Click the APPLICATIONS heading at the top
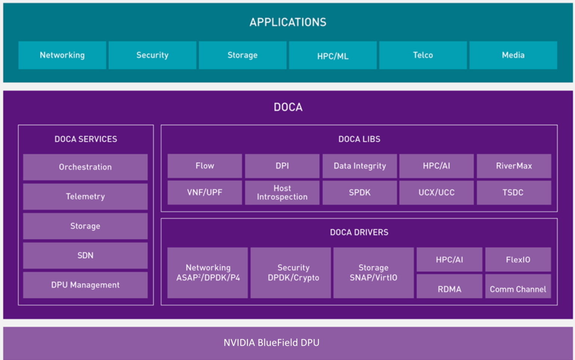[x=287, y=22]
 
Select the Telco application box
[x=423, y=55]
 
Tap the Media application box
[x=513, y=55]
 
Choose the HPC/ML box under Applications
[x=332, y=55]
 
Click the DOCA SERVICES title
[x=86, y=139]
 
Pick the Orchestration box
[x=85, y=167]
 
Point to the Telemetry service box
[x=85, y=196]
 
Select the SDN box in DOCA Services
[x=85, y=255]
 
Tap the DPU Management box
[x=85, y=285]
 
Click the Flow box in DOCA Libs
[x=204, y=166]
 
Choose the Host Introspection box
[x=282, y=193]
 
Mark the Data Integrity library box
[x=359, y=166]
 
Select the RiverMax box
[x=514, y=166]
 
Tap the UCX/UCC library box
[x=436, y=193]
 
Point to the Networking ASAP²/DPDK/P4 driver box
[x=208, y=272]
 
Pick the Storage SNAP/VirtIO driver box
[x=373, y=272]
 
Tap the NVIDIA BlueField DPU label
[x=271, y=342]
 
